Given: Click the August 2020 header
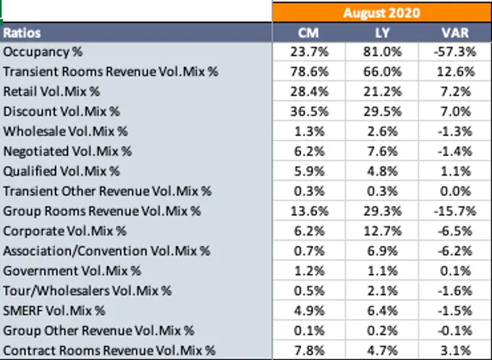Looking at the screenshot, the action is [x=381, y=13].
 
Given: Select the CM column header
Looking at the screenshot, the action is [x=308, y=33].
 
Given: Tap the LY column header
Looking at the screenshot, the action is [x=382, y=33].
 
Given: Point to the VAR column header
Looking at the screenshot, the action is [x=455, y=33].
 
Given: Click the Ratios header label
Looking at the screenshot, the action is [x=22, y=33].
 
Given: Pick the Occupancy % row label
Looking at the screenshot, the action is [x=43, y=52].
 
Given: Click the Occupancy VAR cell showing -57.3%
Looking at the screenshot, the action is [x=455, y=51].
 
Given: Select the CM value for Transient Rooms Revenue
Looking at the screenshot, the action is [x=309, y=72].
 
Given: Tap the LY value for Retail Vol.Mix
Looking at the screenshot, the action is [x=383, y=92].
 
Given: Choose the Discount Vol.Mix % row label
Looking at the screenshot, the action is [x=61, y=111].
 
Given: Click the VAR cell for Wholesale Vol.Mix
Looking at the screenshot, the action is [x=455, y=132].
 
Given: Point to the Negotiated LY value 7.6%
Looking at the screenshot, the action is [x=383, y=151].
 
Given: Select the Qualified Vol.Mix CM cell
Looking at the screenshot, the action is [x=309, y=171].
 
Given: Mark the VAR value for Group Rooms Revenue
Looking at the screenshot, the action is [x=455, y=211].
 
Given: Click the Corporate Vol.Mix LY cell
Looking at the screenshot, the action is [x=383, y=231].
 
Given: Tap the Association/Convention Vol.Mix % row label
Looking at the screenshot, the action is [x=106, y=251].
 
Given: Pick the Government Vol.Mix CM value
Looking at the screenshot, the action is [x=309, y=271].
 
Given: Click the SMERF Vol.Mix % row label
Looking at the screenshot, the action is [x=54, y=311].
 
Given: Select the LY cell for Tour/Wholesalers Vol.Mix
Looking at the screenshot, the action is [x=383, y=291].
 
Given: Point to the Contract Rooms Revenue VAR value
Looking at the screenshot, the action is [x=456, y=351].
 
